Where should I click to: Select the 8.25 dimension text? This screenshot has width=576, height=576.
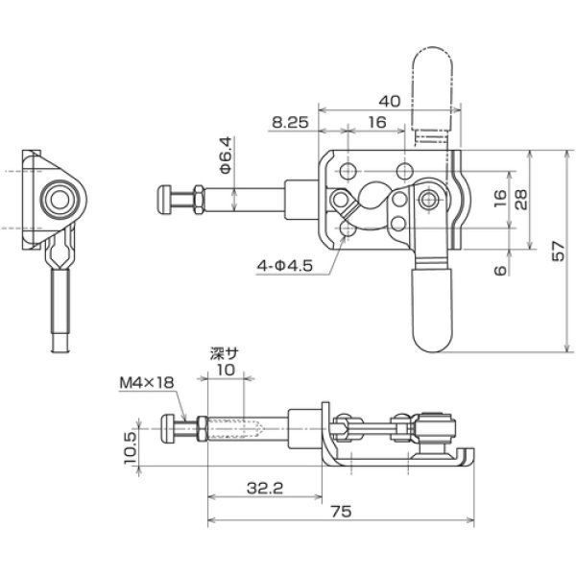tap(291, 123)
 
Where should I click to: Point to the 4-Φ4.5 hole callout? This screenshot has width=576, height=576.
tap(286, 264)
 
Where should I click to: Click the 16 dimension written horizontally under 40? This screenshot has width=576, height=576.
tap(376, 123)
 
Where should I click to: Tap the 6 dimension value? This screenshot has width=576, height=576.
tap(497, 272)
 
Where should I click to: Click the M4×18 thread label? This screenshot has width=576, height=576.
tap(147, 382)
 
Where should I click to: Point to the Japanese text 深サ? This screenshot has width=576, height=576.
tap(224, 352)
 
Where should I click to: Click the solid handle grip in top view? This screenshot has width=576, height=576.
tap(431, 307)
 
